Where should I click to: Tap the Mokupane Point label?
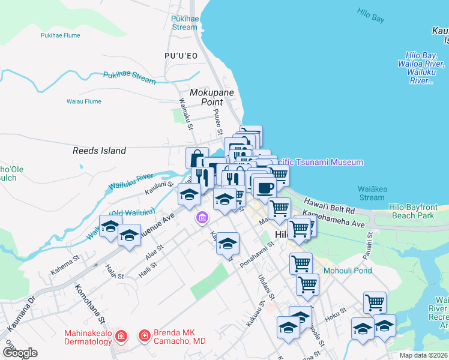pos(211,98)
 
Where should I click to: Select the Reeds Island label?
pos(100,151)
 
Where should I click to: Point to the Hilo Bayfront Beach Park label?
pos(421,211)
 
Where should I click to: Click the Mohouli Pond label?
pos(348,271)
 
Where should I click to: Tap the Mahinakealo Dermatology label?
pos(88,338)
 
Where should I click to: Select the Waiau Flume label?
pos(83,101)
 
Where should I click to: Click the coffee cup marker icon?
pos(264,188)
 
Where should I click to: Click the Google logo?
pos(20,353)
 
